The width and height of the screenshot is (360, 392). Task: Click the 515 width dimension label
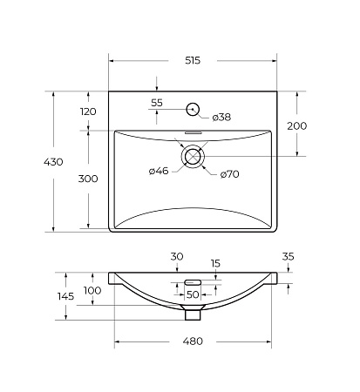(193, 60)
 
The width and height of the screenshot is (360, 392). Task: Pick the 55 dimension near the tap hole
(157, 103)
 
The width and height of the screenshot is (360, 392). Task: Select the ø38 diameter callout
(221, 117)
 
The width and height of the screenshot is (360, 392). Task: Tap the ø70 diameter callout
(228, 174)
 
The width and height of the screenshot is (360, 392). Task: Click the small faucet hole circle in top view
(193, 109)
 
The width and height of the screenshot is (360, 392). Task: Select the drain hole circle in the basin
(193, 157)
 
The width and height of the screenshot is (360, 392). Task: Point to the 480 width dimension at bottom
(194, 341)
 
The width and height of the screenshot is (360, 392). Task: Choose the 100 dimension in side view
(92, 290)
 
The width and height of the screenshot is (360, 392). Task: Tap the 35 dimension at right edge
(288, 257)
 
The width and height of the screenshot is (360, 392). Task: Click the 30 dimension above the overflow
(177, 256)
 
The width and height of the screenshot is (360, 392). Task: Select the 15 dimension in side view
(214, 263)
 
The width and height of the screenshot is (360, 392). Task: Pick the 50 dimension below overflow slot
(193, 294)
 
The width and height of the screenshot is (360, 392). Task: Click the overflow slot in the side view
(193, 282)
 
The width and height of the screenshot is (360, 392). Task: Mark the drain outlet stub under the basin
(193, 307)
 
